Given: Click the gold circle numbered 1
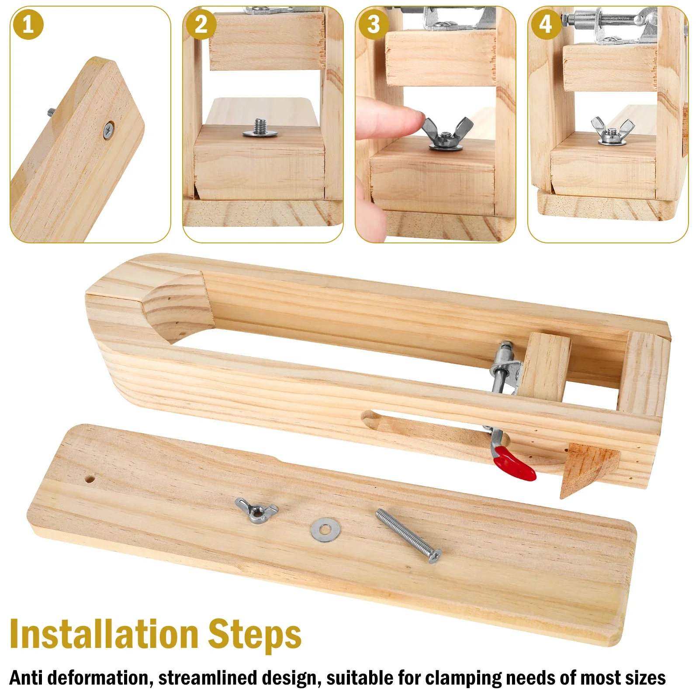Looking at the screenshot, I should pyautogui.click(x=28, y=24).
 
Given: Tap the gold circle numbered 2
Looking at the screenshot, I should pyautogui.click(x=201, y=24).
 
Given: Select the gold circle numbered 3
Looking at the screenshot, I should pyautogui.click(x=374, y=24).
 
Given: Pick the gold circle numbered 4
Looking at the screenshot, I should pyautogui.click(x=546, y=24).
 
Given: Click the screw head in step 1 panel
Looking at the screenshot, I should pyautogui.click(x=108, y=130).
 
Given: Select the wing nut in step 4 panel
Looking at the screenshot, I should pyautogui.click(x=612, y=130).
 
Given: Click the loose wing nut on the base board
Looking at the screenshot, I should pyautogui.click(x=256, y=510).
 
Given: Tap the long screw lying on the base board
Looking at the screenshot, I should pyautogui.click(x=408, y=535).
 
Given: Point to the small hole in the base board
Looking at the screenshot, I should pyautogui.click(x=90, y=479).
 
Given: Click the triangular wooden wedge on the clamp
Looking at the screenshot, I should pyautogui.click(x=588, y=467).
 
